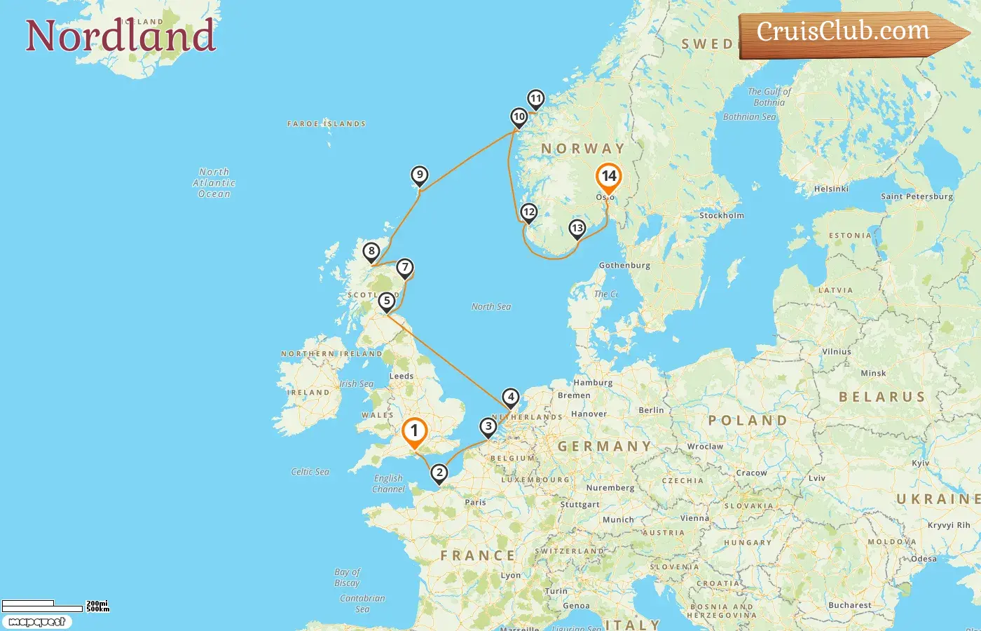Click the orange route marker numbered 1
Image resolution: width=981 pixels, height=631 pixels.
coord(414,431)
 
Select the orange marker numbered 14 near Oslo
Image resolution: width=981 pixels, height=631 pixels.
coord(608,177)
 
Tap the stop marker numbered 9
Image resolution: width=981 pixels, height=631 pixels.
coord(419,175)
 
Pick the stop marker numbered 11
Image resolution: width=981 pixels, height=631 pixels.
coord(536,99)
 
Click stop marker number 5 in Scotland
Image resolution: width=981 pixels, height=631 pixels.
coord(386,301)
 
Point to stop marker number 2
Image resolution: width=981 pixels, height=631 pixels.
coord(439,473)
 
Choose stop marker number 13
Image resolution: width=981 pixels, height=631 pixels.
coord(577,228)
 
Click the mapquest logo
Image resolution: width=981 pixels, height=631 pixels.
coord(36,622)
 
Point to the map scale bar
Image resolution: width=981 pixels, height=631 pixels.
coord(42,606)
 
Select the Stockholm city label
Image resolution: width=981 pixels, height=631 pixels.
coord(721,215)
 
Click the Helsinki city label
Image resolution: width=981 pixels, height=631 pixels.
coord(831,189)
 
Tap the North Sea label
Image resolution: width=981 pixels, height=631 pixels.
coord(490,306)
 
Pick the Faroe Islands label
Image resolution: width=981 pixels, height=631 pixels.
coord(327,123)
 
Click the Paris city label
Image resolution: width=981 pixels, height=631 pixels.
coord(475,502)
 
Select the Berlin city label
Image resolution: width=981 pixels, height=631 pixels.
coord(651,410)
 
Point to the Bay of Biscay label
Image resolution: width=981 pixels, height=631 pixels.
coord(348,577)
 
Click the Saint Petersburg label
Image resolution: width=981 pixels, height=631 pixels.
coord(917,196)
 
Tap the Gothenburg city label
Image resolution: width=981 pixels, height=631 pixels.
coord(624,265)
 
